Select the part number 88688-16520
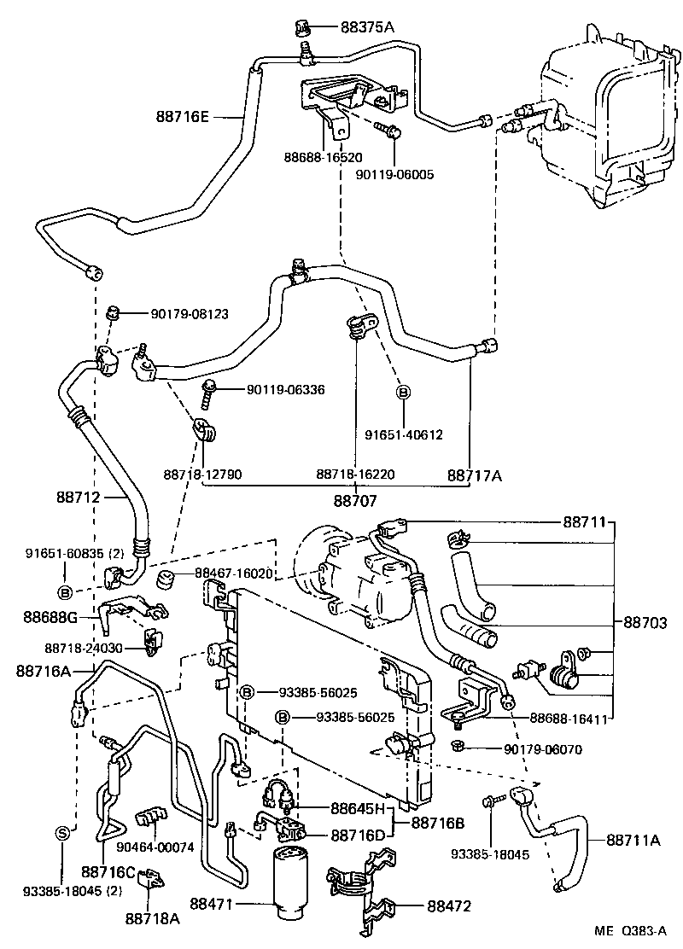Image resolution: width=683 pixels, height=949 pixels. point(323,158)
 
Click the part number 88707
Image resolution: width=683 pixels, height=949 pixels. point(355,502)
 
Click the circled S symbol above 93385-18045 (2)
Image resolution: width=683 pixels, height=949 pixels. point(61,834)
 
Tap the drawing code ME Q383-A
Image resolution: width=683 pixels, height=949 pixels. point(632,932)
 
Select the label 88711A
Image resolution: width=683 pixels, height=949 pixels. point(633,840)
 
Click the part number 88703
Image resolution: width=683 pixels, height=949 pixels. point(645,624)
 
